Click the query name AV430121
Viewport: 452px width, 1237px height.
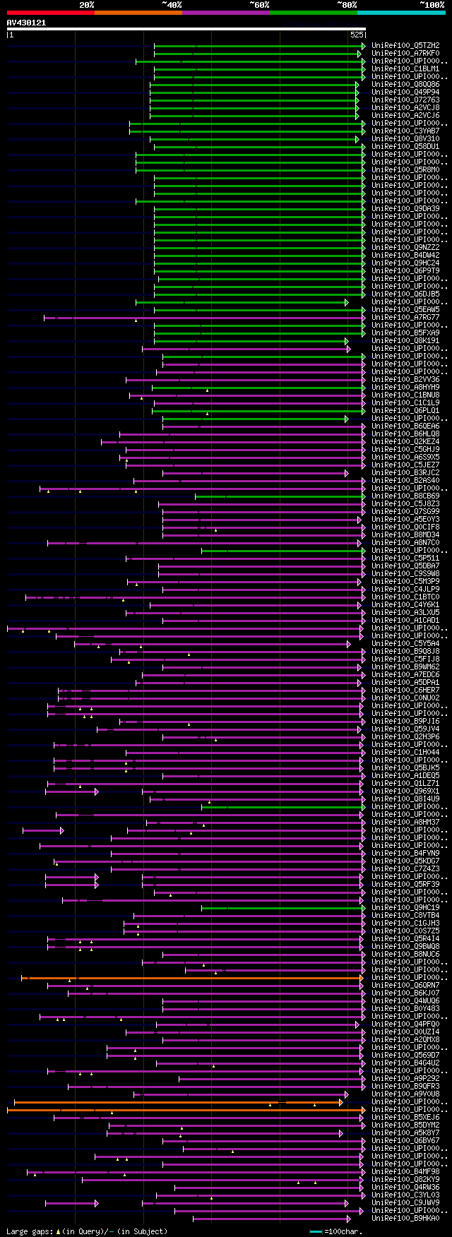coord(26,23)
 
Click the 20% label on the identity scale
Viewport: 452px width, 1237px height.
coord(87,5)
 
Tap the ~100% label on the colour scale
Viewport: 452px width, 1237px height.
coord(432,5)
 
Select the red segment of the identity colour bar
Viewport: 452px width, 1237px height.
coord(50,13)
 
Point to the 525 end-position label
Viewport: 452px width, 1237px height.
coord(356,35)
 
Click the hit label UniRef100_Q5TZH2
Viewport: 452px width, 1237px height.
coord(405,46)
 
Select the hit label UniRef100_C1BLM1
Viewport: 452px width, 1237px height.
coord(405,69)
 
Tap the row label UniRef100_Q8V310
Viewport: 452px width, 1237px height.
coord(405,139)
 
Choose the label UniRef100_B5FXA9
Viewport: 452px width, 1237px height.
coord(405,333)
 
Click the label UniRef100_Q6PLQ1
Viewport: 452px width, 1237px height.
coord(405,410)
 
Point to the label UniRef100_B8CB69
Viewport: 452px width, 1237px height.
coord(405,496)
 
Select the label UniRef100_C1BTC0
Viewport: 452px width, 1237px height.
coord(405,597)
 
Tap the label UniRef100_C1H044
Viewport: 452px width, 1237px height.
coord(405,753)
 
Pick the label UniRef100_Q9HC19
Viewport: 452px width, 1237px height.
coord(405,908)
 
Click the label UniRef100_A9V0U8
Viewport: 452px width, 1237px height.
coord(405,1094)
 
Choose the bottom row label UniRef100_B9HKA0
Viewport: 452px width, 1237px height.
coord(405,1219)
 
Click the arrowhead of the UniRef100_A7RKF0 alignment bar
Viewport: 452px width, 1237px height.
coord(364,54)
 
